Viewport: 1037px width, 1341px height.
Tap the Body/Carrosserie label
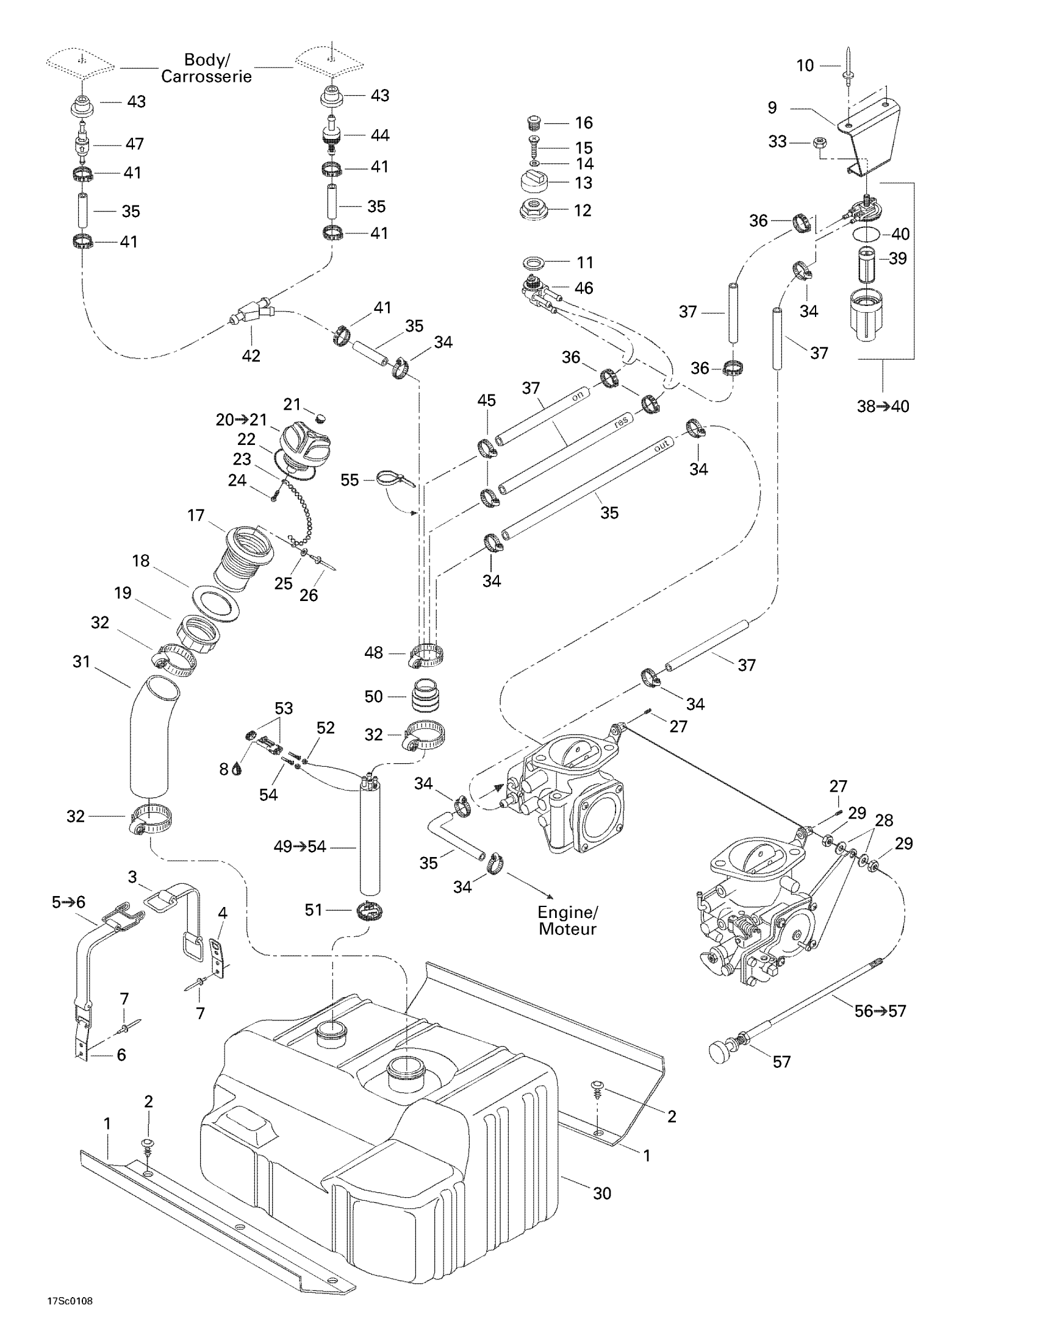click(206, 68)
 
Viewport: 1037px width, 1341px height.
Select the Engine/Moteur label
click(567, 920)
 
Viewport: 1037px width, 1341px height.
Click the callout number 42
click(251, 355)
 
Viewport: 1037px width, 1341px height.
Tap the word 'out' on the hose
click(661, 447)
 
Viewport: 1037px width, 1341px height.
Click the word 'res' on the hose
click(621, 422)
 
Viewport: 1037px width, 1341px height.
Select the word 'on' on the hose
click(578, 397)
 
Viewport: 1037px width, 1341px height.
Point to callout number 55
click(350, 480)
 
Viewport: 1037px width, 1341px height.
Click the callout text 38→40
click(883, 406)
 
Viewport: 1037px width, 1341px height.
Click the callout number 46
click(584, 288)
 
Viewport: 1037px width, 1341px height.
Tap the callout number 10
click(805, 65)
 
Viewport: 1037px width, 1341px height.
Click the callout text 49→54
click(300, 847)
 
